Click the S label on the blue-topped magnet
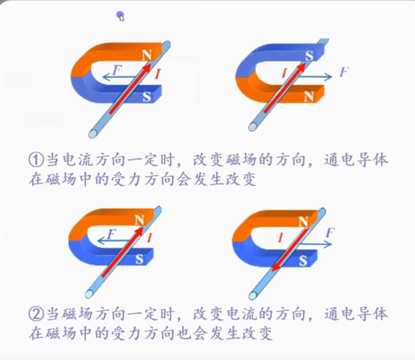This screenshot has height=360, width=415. tap(309, 56)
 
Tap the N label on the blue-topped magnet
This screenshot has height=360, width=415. tap(309, 97)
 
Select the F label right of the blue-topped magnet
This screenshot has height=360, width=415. tap(344, 71)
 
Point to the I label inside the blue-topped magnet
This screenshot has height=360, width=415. tap(284, 73)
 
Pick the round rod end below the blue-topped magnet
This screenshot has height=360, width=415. tap(253, 127)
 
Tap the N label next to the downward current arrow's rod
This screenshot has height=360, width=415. tap(303, 222)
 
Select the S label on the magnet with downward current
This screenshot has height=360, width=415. tap(303, 261)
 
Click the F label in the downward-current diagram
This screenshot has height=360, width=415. tap(330, 233)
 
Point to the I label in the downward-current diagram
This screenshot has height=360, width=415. tap(281, 238)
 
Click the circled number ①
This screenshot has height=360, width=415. tap(36, 160)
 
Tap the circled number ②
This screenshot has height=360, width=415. tap(36, 314)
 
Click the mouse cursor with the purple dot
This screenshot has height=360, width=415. tap(120, 16)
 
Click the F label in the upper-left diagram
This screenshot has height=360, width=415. tap(116, 70)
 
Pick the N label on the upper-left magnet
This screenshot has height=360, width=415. tap(147, 56)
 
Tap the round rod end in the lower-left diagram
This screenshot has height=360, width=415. tap(89, 294)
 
